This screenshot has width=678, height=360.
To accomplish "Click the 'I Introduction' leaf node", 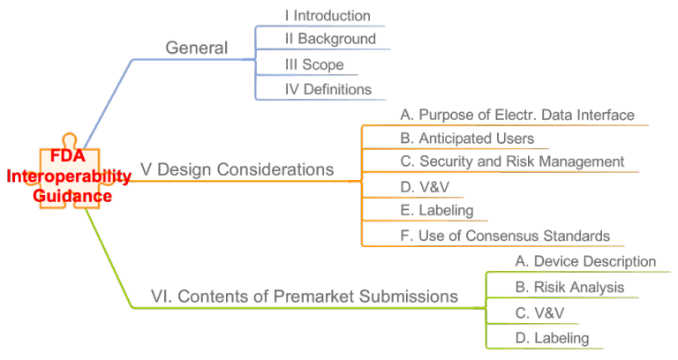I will tap(327, 16).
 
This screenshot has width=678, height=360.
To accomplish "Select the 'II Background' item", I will tap(329, 39).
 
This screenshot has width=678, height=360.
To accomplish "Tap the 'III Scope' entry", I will tap(313, 64).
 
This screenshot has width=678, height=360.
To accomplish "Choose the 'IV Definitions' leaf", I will tap(328, 89).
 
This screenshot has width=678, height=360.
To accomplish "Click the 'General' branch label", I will tap(196, 48).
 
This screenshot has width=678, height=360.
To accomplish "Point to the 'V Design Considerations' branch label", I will tap(237, 169).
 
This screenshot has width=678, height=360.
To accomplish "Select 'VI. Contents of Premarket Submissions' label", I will tap(305, 296).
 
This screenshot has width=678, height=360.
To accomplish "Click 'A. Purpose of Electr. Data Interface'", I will tap(516, 115).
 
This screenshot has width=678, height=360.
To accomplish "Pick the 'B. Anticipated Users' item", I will tap(466, 139).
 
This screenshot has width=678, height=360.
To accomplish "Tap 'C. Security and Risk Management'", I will tap(512, 161).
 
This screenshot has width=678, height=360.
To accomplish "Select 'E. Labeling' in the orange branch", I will tap(436, 211).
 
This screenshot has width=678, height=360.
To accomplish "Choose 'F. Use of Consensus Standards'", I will tap(504, 236).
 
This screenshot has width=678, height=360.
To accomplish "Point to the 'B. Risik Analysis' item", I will tap(569, 287).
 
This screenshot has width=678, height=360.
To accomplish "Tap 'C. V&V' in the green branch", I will tap(536, 312).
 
